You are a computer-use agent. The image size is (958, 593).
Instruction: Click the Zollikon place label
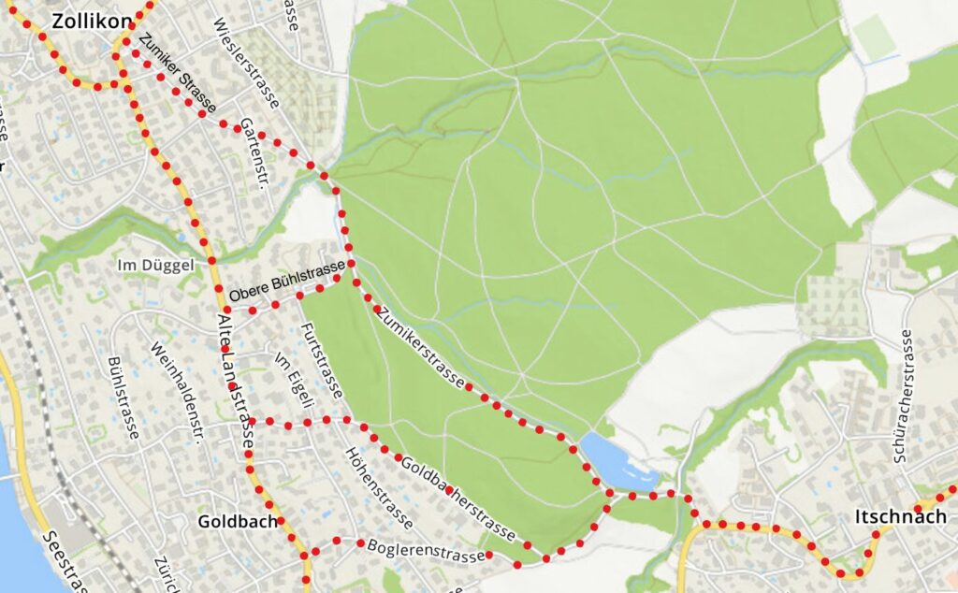[x=91, y=21]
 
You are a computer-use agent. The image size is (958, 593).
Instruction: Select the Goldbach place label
[x=238, y=522]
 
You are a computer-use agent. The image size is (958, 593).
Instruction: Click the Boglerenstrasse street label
[x=427, y=550]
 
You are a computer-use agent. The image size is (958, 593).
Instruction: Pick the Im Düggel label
[x=155, y=266]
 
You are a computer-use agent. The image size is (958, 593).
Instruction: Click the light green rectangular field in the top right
[x=873, y=36]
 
